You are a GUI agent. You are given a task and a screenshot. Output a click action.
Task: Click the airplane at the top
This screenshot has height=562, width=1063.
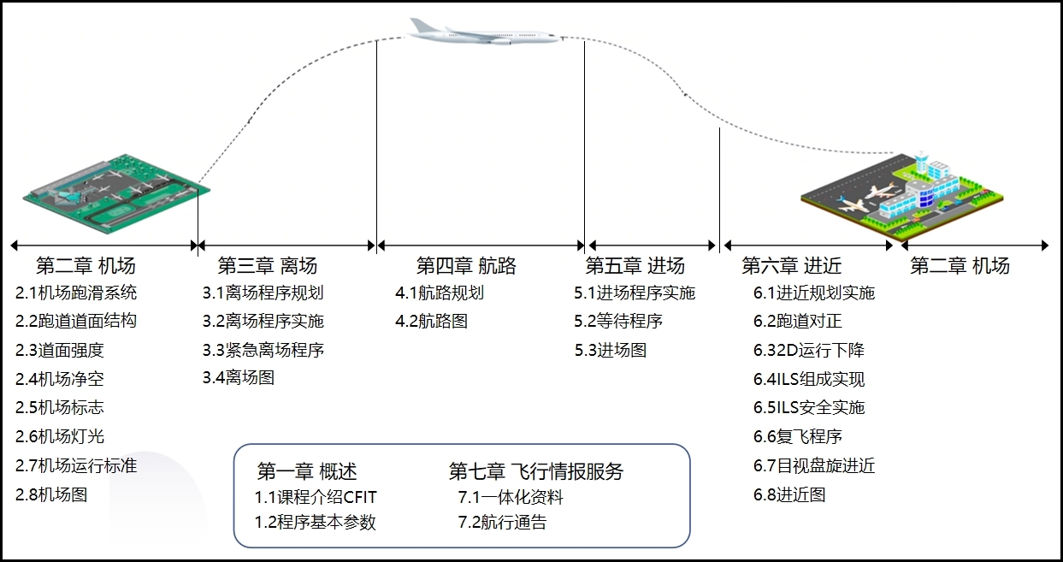483,33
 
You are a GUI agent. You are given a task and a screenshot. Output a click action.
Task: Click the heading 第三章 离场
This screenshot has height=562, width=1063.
267,265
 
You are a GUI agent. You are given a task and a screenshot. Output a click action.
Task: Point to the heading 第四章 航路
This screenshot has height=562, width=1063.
466,265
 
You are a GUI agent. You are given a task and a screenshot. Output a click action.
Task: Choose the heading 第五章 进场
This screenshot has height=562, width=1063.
635,265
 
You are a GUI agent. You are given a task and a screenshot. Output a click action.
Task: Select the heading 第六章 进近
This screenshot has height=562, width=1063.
792,265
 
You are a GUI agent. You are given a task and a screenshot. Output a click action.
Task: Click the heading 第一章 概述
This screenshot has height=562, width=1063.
307,471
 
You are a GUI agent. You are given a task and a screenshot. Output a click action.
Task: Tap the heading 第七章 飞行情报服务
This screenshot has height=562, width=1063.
536,471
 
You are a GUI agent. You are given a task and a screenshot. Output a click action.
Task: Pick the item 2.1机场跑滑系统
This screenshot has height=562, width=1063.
76,293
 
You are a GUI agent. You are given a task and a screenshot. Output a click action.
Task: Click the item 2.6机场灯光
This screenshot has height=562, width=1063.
60,436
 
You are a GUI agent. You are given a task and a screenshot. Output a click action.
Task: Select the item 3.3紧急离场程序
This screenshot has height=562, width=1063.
263,350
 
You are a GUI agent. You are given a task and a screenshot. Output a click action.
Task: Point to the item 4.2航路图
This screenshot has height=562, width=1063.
431,322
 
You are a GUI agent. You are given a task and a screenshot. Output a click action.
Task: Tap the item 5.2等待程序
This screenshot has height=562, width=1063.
618,322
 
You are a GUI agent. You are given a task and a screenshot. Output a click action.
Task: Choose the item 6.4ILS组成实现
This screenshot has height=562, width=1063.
809,379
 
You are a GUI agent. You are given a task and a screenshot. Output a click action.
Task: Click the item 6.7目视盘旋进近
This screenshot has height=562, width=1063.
814,466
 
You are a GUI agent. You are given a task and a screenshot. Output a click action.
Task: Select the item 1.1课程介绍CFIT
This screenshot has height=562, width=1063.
316,497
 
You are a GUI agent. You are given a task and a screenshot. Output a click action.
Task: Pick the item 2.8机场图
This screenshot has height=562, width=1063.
51,494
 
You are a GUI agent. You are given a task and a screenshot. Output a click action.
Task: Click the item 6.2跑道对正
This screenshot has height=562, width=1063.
798,322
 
